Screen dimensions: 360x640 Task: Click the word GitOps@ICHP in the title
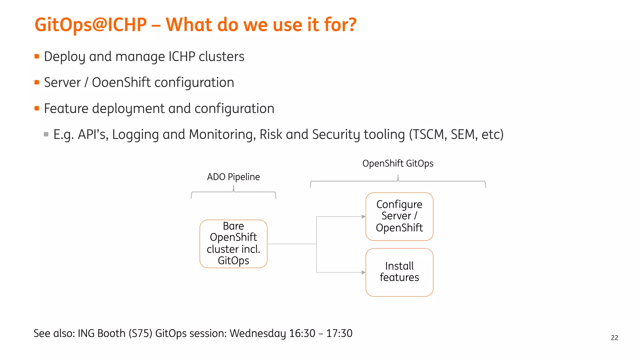(91, 25)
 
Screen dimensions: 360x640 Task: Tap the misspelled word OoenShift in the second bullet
(121, 82)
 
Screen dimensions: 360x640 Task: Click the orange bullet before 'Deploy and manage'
(37, 57)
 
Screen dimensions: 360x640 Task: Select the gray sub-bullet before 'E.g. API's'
(46, 134)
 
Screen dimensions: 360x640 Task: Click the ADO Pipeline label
(233, 177)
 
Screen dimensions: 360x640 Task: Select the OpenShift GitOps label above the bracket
(397, 163)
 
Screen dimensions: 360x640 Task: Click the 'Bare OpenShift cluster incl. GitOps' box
(233, 244)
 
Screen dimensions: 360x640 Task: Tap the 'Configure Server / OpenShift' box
(399, 216)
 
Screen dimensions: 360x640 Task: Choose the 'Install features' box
(399, 272)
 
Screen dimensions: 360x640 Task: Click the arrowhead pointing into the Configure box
(363, 217)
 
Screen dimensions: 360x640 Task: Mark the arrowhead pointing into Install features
(363, 272)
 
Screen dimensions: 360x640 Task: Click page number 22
(614, 338)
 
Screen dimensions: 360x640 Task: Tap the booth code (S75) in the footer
(140, 333)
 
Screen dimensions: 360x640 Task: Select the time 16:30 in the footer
(302, 333)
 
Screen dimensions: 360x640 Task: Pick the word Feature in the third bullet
(66, 108)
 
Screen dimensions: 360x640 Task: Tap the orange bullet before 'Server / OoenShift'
(37, 82)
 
